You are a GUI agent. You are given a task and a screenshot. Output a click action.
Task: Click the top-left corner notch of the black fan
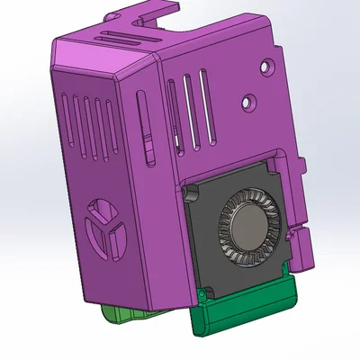point(190,194)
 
